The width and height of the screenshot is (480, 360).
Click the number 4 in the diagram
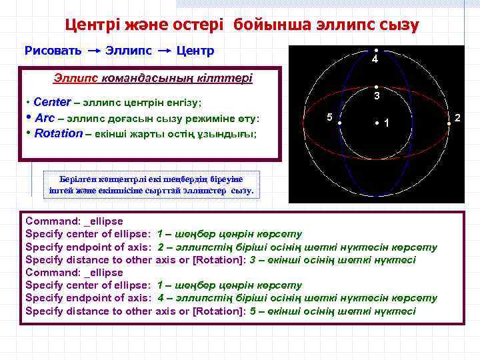click(375, 60)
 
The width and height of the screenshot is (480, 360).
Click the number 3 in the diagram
click(376, 97)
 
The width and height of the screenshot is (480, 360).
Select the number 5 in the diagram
click(329, 117)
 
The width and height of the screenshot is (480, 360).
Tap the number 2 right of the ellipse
click(457, 118)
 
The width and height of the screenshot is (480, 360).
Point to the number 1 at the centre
click(387, 123)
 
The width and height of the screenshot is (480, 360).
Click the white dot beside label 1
click(377, 123)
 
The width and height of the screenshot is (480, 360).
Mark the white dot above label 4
click(376, 51)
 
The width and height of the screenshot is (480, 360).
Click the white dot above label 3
click(376, 87)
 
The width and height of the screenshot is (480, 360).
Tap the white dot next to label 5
click(339, 123)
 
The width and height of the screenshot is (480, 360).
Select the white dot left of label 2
click(449, 123)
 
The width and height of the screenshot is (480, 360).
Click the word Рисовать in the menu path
click(53, 51)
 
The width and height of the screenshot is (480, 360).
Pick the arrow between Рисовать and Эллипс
click(94, 51)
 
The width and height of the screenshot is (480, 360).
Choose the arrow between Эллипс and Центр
click(164, 51)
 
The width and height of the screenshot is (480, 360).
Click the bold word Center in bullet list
click(51, 103)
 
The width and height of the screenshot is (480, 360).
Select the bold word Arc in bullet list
click(45, 118)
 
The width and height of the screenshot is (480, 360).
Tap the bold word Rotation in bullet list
click(59, 133)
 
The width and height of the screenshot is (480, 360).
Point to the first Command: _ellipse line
click(74, 221)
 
